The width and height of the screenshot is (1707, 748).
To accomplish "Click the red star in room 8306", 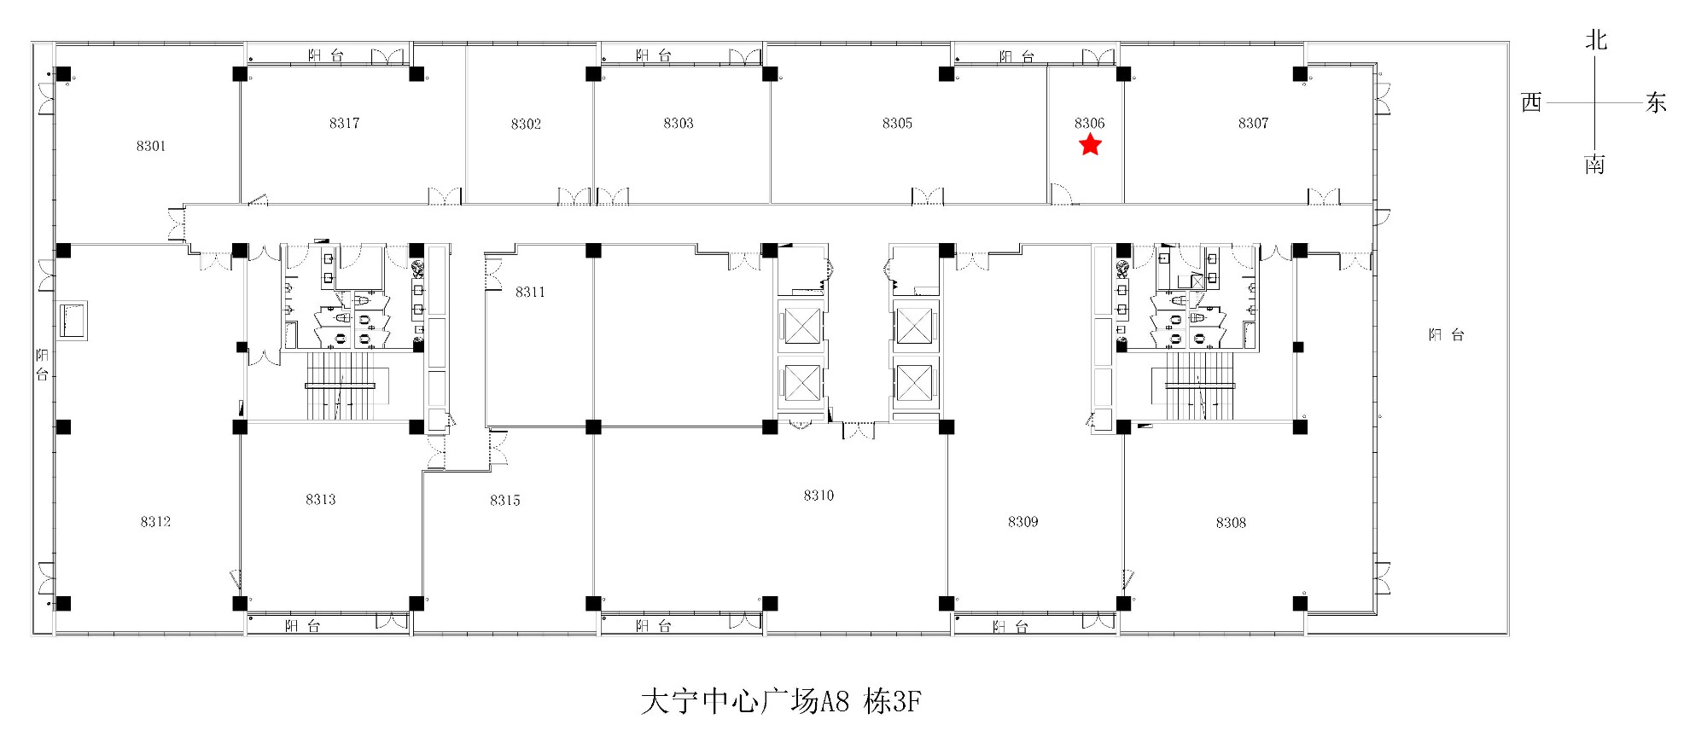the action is click(x=1090, y=145).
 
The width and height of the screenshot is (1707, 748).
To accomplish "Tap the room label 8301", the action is click(x=151, y=146).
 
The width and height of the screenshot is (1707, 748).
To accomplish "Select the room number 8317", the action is click(x=344, y=123).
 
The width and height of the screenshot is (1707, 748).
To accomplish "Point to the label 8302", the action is click(x=526, y=124).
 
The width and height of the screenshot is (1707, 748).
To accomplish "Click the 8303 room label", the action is click(x=679, y=123).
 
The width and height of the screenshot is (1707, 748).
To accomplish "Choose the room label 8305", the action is click(x=897, y=123).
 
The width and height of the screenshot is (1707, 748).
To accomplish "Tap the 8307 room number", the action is click(x=1253, y=123).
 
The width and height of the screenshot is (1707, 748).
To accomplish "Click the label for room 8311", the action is click(x=530, y=292).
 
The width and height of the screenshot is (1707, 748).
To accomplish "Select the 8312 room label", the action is click(x=155, y=521).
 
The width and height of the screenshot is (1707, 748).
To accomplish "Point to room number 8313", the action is click(x=321, y=499).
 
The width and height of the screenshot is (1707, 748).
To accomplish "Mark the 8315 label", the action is click(x=505, y=500).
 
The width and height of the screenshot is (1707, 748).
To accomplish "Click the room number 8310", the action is click(x=819, y=495).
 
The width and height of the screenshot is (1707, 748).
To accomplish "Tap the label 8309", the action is click(x=1022, y=521).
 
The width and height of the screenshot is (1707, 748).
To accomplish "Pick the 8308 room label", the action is click(x=1231, y=522).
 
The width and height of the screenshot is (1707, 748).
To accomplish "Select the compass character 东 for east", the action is click(x=1656, y=103).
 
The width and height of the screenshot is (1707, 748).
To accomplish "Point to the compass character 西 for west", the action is click(x=1532, y=102).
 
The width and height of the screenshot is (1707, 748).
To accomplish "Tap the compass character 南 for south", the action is click(x=1595, y=164).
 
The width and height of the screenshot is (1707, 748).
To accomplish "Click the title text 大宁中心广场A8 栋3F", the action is click(x=781, y=702).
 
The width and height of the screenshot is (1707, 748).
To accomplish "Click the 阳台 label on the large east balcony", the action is click(x=1447, y=335).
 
